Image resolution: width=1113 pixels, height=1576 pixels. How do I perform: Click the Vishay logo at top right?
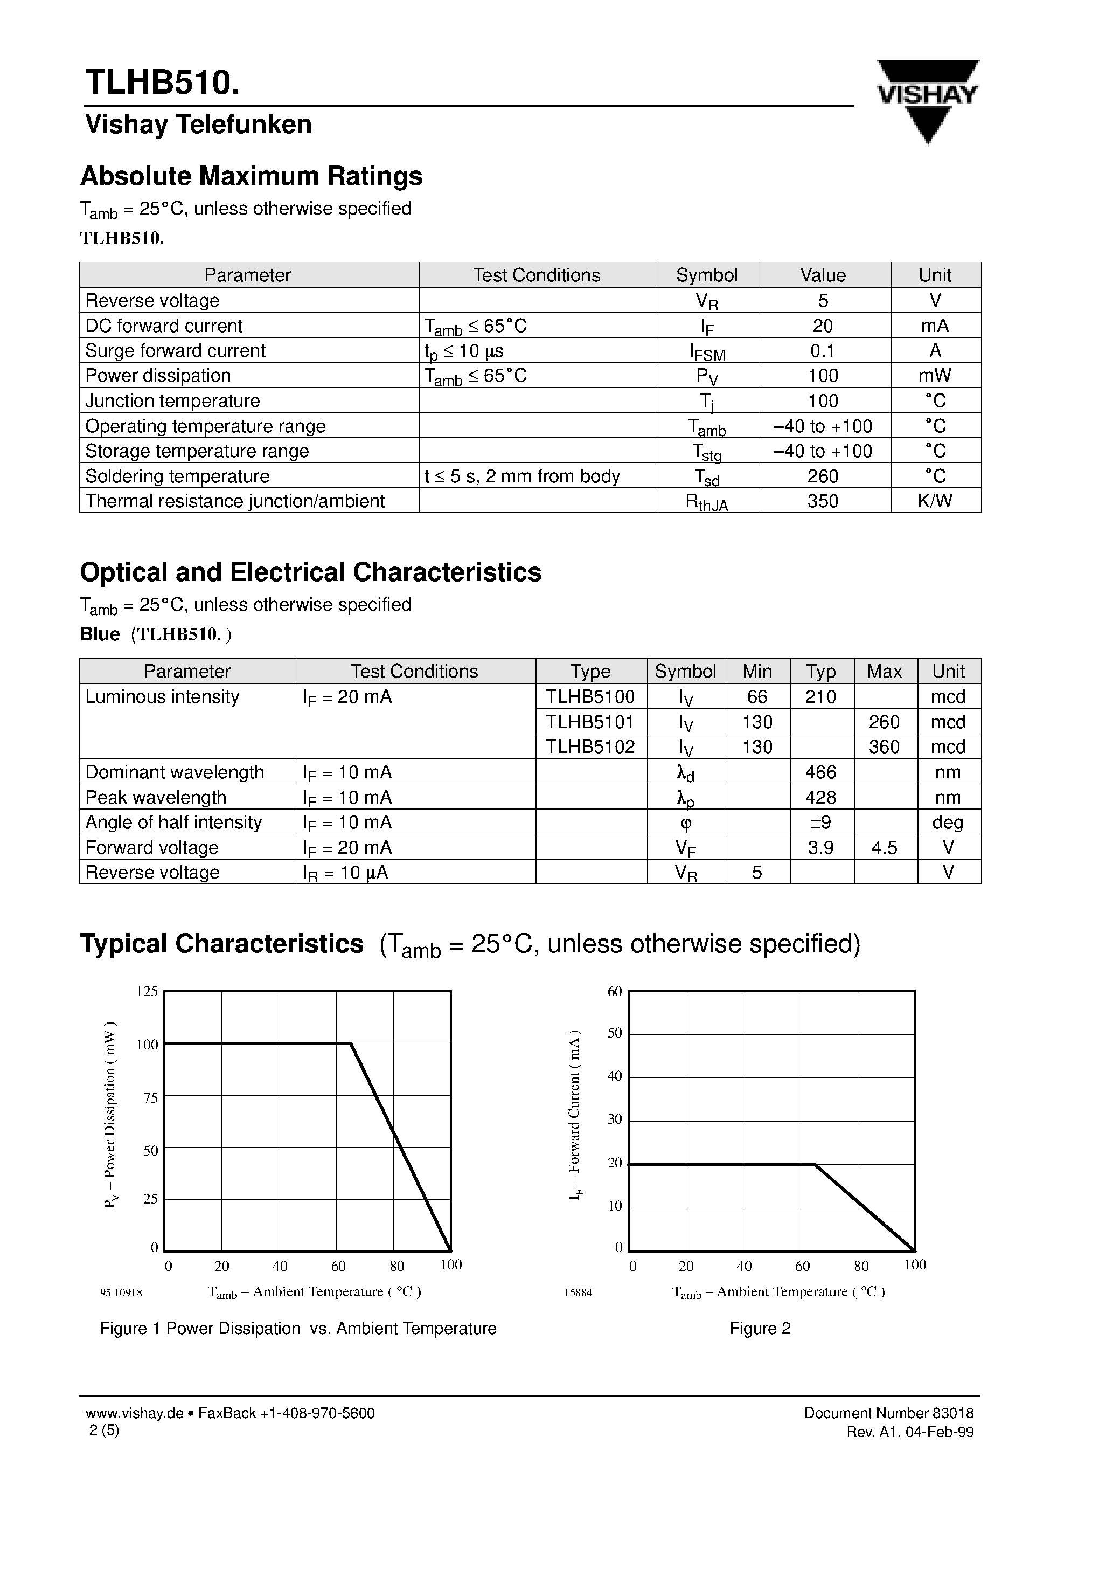(927, 100)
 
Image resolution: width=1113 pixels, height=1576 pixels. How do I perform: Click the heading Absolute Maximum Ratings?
(251, 176)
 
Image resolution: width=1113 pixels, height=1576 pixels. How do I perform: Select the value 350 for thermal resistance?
(823, 501)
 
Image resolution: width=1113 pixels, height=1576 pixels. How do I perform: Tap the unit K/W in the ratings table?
(935, 501)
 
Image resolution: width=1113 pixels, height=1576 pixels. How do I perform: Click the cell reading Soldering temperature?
(178, 476)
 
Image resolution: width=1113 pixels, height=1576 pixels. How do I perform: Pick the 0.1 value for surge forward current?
(822, 351)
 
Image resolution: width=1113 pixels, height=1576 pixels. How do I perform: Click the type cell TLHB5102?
(590, 747)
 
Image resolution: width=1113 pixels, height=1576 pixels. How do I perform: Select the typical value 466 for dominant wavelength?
(820, 772)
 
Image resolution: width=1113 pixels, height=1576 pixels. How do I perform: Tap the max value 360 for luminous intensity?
(884, 747)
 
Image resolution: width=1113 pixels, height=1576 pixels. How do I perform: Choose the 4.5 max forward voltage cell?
(884, 848)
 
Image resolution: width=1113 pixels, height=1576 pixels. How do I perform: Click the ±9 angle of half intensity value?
(820, 822)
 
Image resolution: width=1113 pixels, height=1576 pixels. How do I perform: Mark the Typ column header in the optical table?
(820, 672)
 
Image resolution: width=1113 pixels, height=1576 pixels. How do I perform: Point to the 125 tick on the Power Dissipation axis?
(147, 991)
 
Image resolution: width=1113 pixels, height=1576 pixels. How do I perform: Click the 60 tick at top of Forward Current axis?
(614, 991)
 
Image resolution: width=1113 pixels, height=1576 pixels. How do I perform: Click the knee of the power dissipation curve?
(351, 1044)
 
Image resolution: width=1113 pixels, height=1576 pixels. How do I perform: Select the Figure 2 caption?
(760, 1328)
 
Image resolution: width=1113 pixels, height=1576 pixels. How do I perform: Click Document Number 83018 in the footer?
(888, 1413)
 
